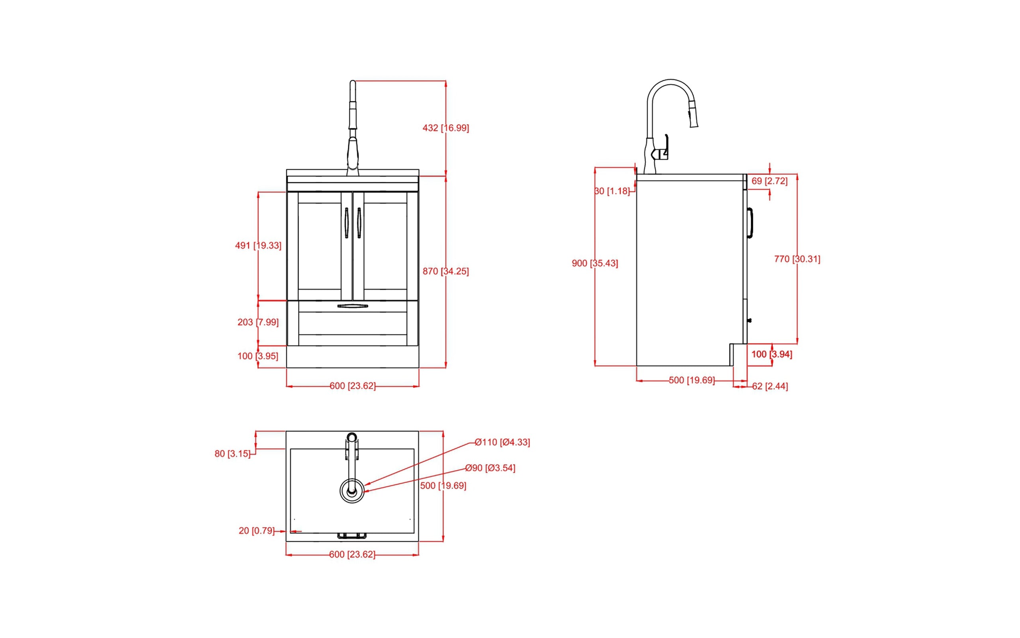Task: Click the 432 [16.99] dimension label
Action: [445, 128]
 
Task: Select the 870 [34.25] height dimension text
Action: [445, 271]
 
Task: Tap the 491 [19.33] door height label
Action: [258, 246]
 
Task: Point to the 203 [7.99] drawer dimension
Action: [258, 322]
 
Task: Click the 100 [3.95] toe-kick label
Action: [258, 356]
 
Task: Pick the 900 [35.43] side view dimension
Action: [595, 263]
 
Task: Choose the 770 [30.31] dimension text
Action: [797, 259]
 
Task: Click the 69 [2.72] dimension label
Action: [769, 181]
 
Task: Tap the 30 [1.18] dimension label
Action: [612, 191]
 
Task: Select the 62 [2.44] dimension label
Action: [769, 386]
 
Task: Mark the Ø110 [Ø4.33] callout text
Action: [502, 442]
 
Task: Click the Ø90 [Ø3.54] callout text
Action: [490, 468]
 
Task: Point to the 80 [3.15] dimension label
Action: [232, 454]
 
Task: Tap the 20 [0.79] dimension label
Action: [256, 531]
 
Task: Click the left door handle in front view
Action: [346, 223]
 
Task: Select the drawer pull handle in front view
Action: [353, 306]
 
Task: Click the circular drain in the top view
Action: [352, 491]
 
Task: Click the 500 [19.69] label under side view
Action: [691, 380]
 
